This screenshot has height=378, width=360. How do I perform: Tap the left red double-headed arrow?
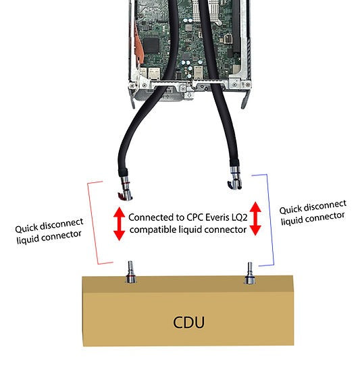point(119,224)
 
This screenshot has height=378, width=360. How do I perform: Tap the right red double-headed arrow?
point(256,217)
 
